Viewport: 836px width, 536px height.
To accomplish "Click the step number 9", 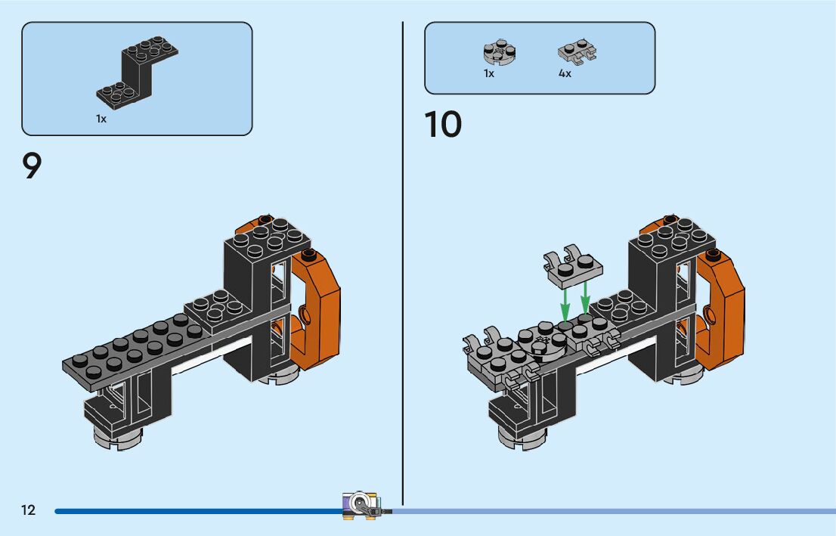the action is [x=32, y=166].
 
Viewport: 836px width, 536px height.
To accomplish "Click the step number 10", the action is [x=443, y=125].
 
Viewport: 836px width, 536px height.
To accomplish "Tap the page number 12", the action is [x=28, y=510].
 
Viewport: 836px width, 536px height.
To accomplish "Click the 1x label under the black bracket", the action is [x=101, y=119].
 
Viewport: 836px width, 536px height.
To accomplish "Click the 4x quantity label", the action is [x=565, y=74].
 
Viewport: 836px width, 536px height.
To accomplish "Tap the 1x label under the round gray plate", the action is [x=489, y=74].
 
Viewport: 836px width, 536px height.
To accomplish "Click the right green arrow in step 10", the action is [x=585, y=299].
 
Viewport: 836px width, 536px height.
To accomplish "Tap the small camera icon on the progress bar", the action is [x=362, y=504].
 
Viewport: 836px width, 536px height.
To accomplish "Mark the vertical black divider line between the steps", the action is [x=403, y=265].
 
